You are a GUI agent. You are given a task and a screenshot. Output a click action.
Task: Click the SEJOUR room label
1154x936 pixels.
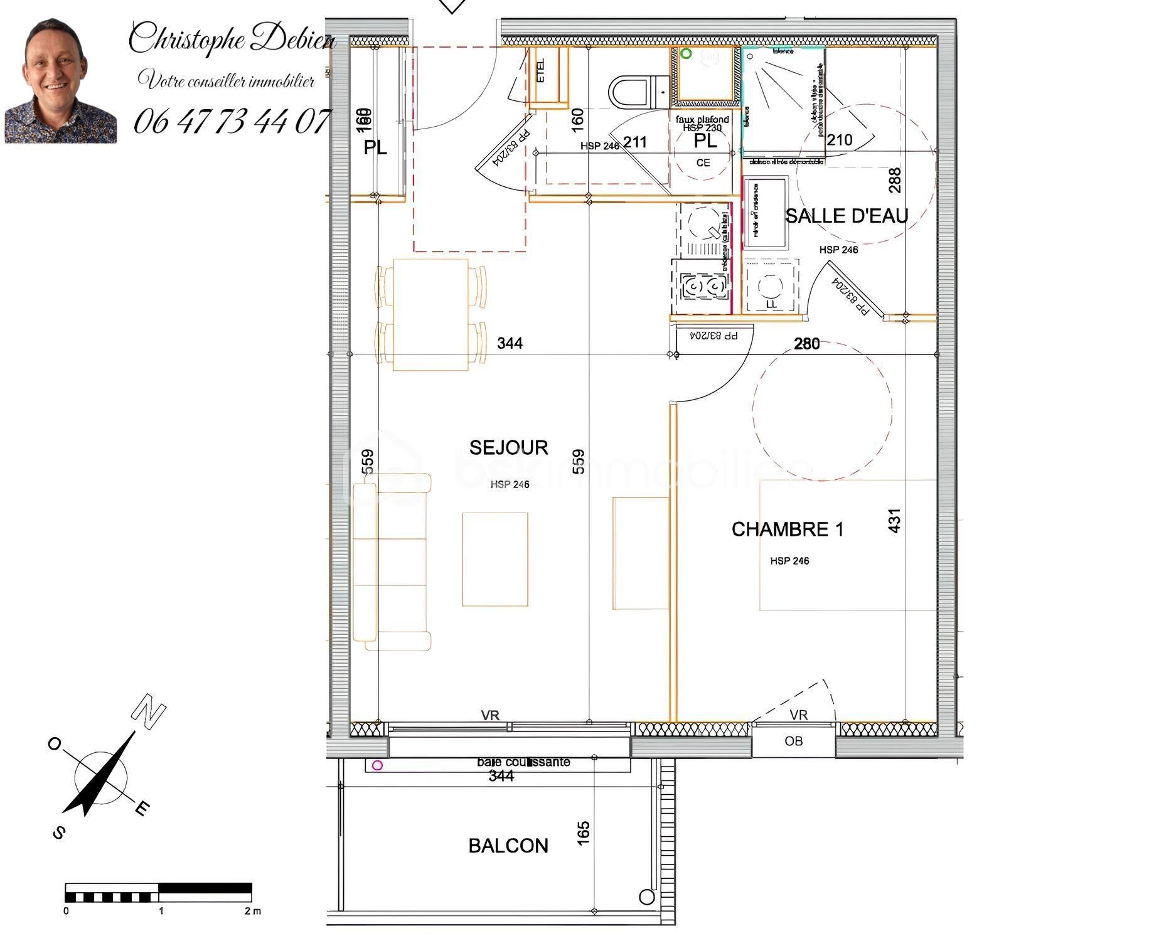coord(508,447)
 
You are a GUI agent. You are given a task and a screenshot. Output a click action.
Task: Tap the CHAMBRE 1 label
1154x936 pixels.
coord(787,529)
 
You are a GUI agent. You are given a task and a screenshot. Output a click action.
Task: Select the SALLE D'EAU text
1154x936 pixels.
coord(847,216)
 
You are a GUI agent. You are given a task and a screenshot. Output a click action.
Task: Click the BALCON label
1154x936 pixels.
coord(508,846)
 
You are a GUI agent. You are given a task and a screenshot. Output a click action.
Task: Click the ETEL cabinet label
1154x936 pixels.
coord(542,70)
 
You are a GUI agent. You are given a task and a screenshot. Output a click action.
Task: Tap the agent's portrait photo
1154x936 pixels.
coord(60,82)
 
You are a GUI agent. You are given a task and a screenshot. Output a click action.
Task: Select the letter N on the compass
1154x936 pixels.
coord(148,712)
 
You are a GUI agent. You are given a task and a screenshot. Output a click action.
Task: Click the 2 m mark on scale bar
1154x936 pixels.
coord(252,911)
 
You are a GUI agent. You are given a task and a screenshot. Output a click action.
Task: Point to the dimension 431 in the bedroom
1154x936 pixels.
coord(895,520)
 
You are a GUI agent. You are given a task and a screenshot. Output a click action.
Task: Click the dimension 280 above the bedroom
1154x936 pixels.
coord(806,344)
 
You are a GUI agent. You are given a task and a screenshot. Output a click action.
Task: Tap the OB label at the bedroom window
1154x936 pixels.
coord(793,742)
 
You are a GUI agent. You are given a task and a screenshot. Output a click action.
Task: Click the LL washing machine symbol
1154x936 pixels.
coord(771,287)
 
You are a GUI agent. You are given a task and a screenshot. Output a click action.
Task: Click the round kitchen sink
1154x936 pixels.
coord(702,222)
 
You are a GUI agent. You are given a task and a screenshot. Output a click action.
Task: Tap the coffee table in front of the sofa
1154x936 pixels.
coord(494,559)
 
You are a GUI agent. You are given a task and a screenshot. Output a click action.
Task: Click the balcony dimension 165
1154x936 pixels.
coord(583,832)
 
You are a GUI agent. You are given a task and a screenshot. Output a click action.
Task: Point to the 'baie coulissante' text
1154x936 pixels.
coord(523,762)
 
